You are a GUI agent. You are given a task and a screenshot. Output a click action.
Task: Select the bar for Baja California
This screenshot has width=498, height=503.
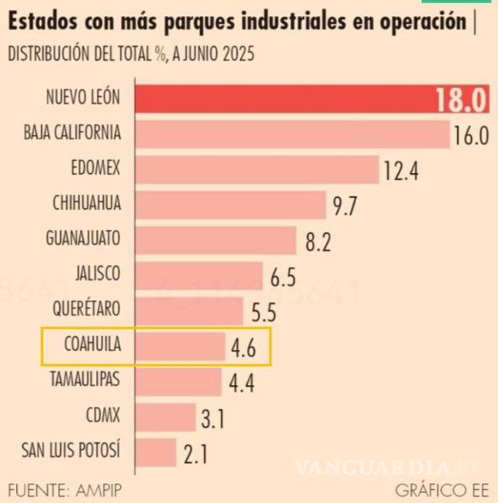(293, 134)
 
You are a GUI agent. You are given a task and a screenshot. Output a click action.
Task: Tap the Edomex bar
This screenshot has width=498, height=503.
(258, 168)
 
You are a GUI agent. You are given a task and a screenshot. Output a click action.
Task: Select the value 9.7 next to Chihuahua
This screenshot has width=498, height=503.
(347, 205)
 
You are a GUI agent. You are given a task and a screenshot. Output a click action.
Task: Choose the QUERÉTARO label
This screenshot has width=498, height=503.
(87, 310)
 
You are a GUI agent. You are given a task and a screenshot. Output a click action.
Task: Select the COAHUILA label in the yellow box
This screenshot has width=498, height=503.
(92, 345)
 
